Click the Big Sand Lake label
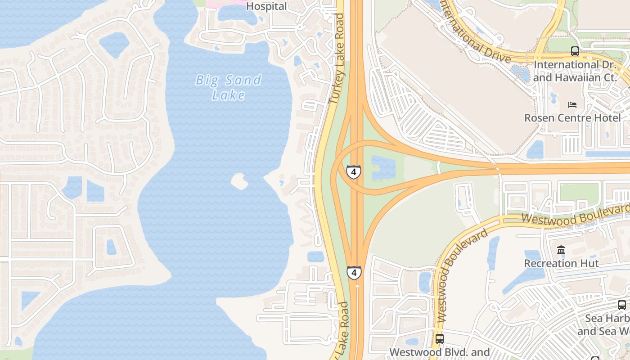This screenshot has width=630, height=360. point(229,87)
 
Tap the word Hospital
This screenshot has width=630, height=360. point(266,6)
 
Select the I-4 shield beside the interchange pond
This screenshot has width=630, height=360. point(354,172)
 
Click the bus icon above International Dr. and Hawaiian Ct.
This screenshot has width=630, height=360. point(575,51)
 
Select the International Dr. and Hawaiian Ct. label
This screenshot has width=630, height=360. point(574,71)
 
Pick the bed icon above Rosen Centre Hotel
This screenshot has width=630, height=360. point(572,105)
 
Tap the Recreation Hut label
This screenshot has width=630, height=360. point(562,263)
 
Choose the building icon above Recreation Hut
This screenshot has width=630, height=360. point(561,250)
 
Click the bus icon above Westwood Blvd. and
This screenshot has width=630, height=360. point(439,338)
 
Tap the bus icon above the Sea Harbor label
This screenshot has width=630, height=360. point(621,305)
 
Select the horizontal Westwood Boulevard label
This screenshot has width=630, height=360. point(575,214)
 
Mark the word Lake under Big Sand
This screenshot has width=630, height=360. point(229,95)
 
